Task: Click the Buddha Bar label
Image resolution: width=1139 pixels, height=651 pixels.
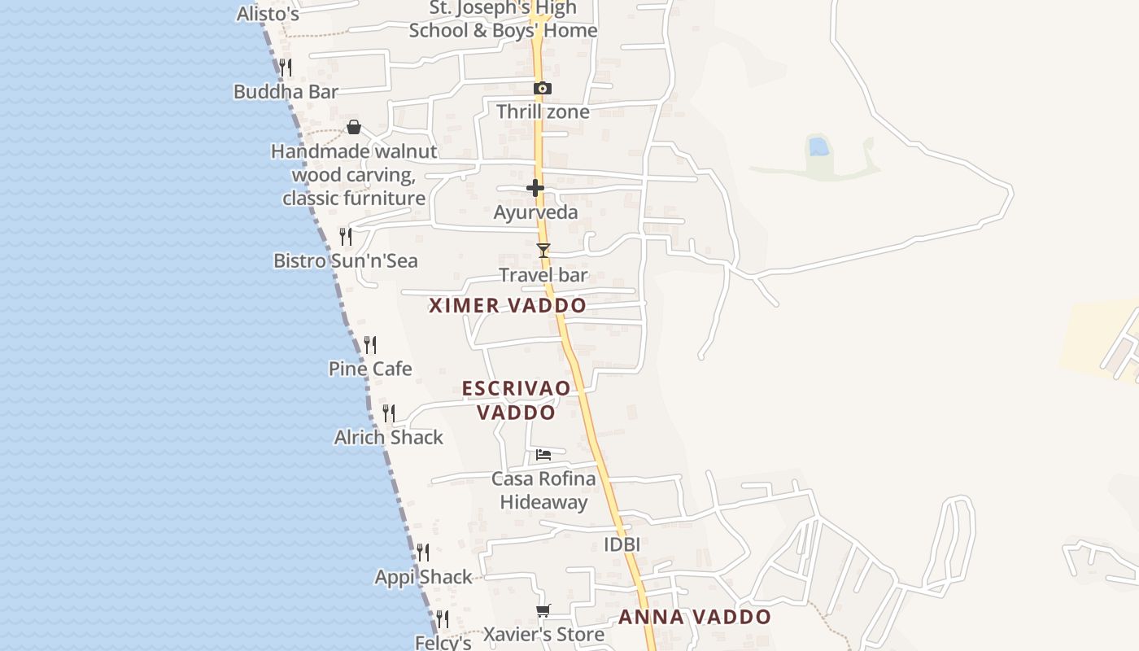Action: [286, 92]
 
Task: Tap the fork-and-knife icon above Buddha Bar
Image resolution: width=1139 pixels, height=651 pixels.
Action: [286, 67]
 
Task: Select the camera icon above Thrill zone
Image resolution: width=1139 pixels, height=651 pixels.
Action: [543, 88]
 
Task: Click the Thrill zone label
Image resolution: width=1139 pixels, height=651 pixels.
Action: [543, 111]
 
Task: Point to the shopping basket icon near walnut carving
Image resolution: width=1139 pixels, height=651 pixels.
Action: [354, 127]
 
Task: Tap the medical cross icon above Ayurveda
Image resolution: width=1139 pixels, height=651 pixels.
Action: [535, 188]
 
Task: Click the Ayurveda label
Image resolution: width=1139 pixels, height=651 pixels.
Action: [536, 212]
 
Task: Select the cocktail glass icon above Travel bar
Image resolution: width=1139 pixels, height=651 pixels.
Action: [543, 251]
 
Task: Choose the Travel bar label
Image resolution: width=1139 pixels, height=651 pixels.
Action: [543, 275]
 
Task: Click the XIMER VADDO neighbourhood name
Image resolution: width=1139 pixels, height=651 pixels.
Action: [508, 306]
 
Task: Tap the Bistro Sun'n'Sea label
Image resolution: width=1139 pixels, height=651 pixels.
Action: [346, 260]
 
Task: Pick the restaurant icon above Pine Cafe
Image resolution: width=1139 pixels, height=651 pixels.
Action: [370, 345]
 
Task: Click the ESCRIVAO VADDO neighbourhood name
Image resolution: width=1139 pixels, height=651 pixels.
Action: [517, 400]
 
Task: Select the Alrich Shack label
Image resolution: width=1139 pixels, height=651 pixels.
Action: [389, 437]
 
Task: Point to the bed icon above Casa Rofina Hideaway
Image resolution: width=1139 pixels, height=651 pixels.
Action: [543, 454]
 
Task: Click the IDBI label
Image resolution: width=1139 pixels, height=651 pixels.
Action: [622, 544]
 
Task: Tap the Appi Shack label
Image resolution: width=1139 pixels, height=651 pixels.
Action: [423, 577]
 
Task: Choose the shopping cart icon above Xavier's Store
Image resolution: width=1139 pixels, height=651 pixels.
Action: [543, 610]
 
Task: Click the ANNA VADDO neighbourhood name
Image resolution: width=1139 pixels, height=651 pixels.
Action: [695, 617]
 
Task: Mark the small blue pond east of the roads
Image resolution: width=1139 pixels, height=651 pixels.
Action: [818, 146]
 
